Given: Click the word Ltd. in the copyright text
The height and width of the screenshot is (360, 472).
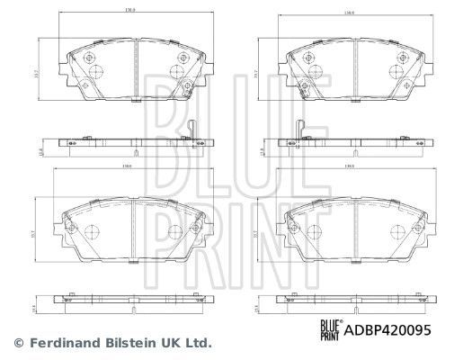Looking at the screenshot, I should tap(197, 343).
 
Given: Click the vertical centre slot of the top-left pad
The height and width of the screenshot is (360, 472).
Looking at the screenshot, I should tap(131, 67).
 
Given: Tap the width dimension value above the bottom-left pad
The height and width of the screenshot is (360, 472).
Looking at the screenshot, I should tap(130, 179).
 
